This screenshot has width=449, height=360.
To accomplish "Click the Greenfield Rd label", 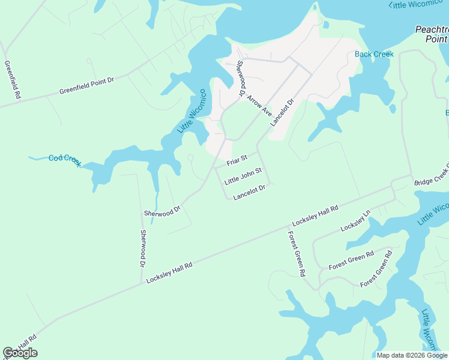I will pos(13,80).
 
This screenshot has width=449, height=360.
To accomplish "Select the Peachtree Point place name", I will pos(432,34).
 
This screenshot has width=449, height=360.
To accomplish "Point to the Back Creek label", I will pos(374,54).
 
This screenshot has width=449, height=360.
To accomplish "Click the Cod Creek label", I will pos(64,160).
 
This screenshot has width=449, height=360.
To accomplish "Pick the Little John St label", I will pos(243,176).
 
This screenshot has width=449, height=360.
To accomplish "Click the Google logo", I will pos(20,353).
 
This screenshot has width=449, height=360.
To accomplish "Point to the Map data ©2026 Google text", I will pos(411,355).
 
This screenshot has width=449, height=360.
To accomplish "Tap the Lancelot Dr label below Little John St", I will pos(249,192).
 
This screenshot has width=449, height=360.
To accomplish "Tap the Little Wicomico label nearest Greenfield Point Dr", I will pos(192,112).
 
